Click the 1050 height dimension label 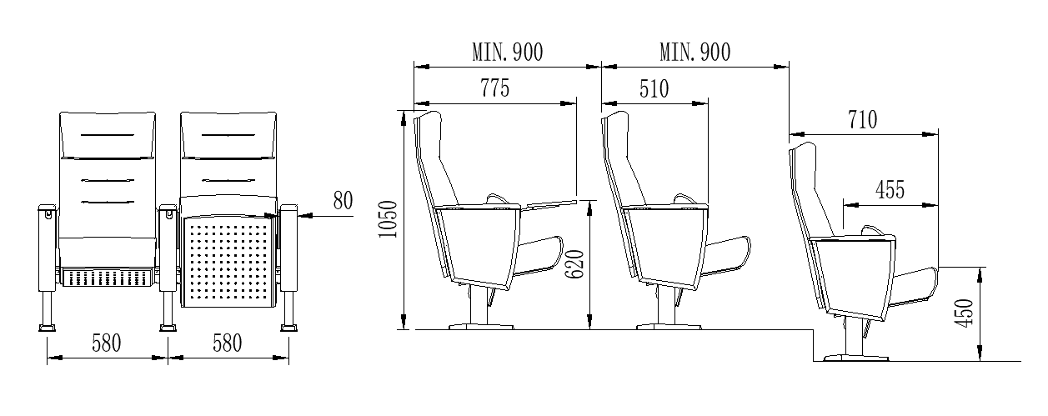(x=389, y=219)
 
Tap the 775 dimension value (x=494, y=88)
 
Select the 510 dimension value (x=654, y=88)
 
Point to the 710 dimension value (x=863, y=120)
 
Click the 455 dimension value (x=890, y=190)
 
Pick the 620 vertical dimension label (x=574, y=264)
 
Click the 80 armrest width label (x=343, y=201)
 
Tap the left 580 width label (x=106, y=343)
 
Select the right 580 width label (x=228, y=343)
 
